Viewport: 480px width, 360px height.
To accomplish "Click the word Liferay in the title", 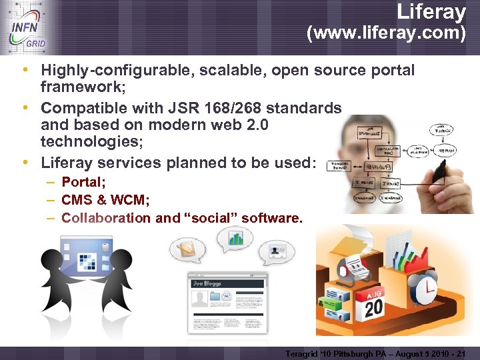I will point(431,11).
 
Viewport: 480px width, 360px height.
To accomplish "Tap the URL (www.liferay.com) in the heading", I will point(386,33).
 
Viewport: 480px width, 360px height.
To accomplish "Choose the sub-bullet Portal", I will point(83,181).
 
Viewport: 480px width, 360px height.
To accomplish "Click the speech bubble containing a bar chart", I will point(235,238).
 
